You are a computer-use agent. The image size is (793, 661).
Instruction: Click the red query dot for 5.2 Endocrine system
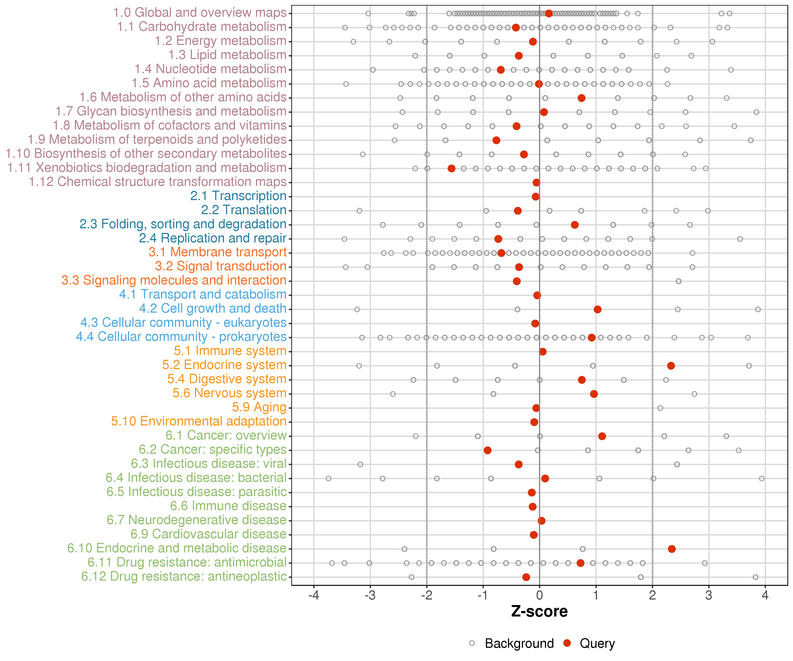pos(671,366)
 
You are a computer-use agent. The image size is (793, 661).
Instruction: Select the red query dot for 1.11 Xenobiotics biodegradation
pos(451,169)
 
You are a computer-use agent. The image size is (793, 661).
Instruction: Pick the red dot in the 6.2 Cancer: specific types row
pos(487,450)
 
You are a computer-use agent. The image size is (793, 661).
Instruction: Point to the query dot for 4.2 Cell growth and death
pos(597,309)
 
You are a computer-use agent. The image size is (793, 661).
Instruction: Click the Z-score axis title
pos(539,611)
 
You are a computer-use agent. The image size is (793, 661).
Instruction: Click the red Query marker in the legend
pos(567,643)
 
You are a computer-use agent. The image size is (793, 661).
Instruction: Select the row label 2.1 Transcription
pos(238,196)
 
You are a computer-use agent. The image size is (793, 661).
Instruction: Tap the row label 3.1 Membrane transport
pos(217,252)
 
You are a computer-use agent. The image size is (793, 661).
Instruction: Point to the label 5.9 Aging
pos(259,408)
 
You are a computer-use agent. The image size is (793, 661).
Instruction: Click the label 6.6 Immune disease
pos(228,506)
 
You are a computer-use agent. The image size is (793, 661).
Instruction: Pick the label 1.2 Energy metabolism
pos(220,41)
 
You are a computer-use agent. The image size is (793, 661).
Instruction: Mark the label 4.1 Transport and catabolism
pos(203,295)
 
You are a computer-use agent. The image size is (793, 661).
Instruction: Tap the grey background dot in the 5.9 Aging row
pos(660,408)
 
